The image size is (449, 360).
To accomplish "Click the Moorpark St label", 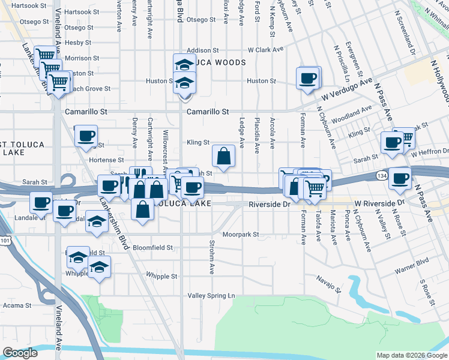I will [240, 235].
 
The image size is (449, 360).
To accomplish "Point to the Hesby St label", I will [77, 43].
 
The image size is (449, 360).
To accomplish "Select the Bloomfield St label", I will [152, 247].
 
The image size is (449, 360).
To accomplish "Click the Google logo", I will [20, 353].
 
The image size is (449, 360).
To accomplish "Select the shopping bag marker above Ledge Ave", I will [223, 157].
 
